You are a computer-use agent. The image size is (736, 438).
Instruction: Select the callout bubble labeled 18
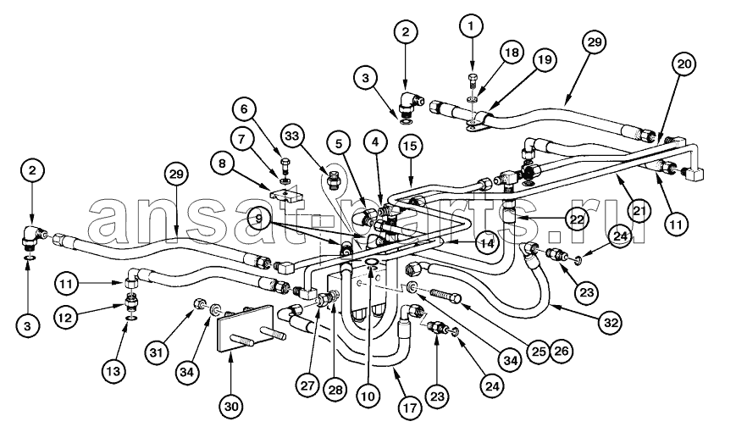[510, 53]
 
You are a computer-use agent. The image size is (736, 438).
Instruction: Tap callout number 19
[543, 61]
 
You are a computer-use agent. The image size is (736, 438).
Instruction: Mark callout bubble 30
[231, 407]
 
